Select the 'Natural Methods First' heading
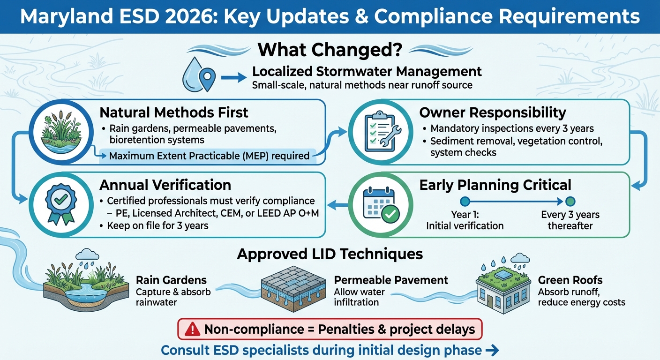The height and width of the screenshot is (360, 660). pos(174,112)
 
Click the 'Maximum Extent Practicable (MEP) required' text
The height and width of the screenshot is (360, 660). pos(209,156)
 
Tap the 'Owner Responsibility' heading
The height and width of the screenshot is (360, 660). pos(493,112)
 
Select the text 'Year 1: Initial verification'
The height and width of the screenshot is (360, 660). pos(465,220)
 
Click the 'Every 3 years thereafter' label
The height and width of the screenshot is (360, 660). pos(570,220)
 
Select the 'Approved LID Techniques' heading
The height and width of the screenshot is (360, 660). pos(330,254)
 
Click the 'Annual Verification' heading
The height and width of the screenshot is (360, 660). pos(165,185)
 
